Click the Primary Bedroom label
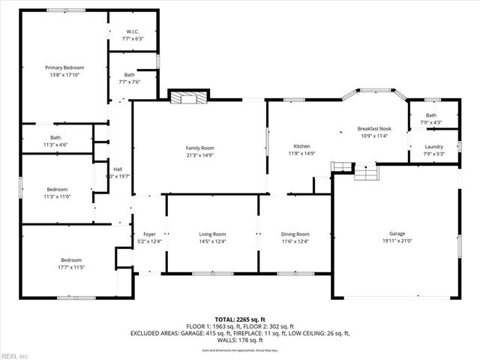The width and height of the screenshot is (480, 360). (64, 67)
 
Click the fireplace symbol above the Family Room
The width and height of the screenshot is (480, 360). (187, 97)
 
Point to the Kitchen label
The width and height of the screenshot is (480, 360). (301, 146)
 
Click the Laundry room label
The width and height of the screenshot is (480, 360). (433, 147)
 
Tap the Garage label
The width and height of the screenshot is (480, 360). (397, 233)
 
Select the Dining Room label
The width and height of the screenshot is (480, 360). (295, 234)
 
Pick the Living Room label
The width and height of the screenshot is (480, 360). (212, 234)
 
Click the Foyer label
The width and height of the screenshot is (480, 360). (150, 234)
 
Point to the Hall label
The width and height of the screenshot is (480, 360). (118, 169)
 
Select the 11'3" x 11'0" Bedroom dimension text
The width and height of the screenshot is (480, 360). (57, 196)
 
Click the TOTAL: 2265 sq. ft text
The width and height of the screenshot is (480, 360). (240, 319)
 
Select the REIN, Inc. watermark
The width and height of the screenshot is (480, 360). (15, 355)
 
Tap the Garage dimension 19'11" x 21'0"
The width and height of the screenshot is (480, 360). (397, 241)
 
